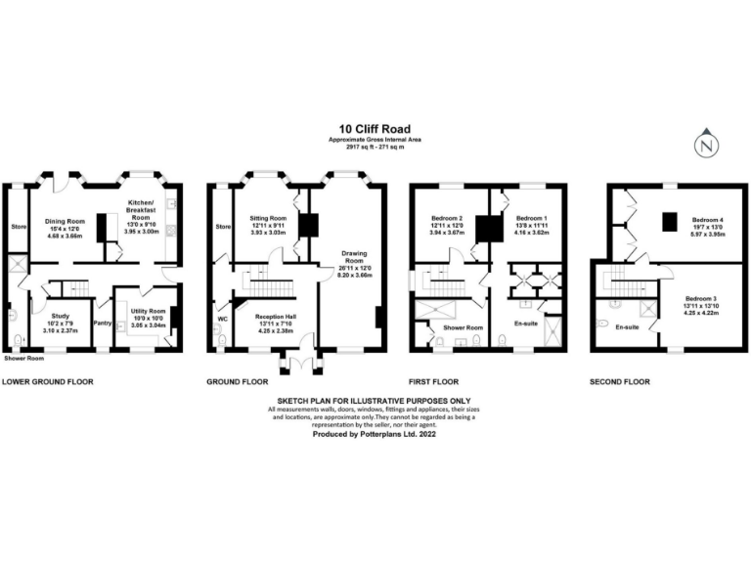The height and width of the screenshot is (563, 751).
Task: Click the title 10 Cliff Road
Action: coord(375,128)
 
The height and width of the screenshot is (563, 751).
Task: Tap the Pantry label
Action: coord(102,323)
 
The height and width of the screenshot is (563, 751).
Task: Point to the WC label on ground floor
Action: coord(223,318)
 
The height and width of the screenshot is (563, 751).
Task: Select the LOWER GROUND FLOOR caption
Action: coord(48,382)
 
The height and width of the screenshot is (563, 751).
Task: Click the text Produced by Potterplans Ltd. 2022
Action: coord(374,435)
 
